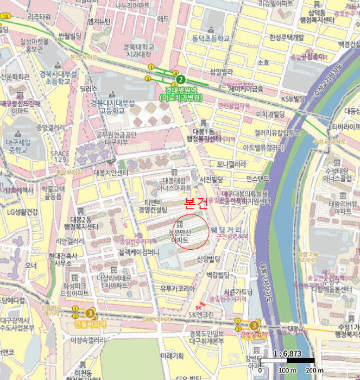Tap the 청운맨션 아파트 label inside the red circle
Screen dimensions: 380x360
click(180, 235)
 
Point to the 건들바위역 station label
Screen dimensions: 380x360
click(90, 324)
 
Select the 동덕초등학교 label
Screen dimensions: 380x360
click(210, 39)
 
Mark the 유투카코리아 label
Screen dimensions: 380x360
click(177, 288)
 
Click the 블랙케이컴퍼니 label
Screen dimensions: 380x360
click(138, 252)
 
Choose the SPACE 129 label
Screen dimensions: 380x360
click(59, 157)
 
